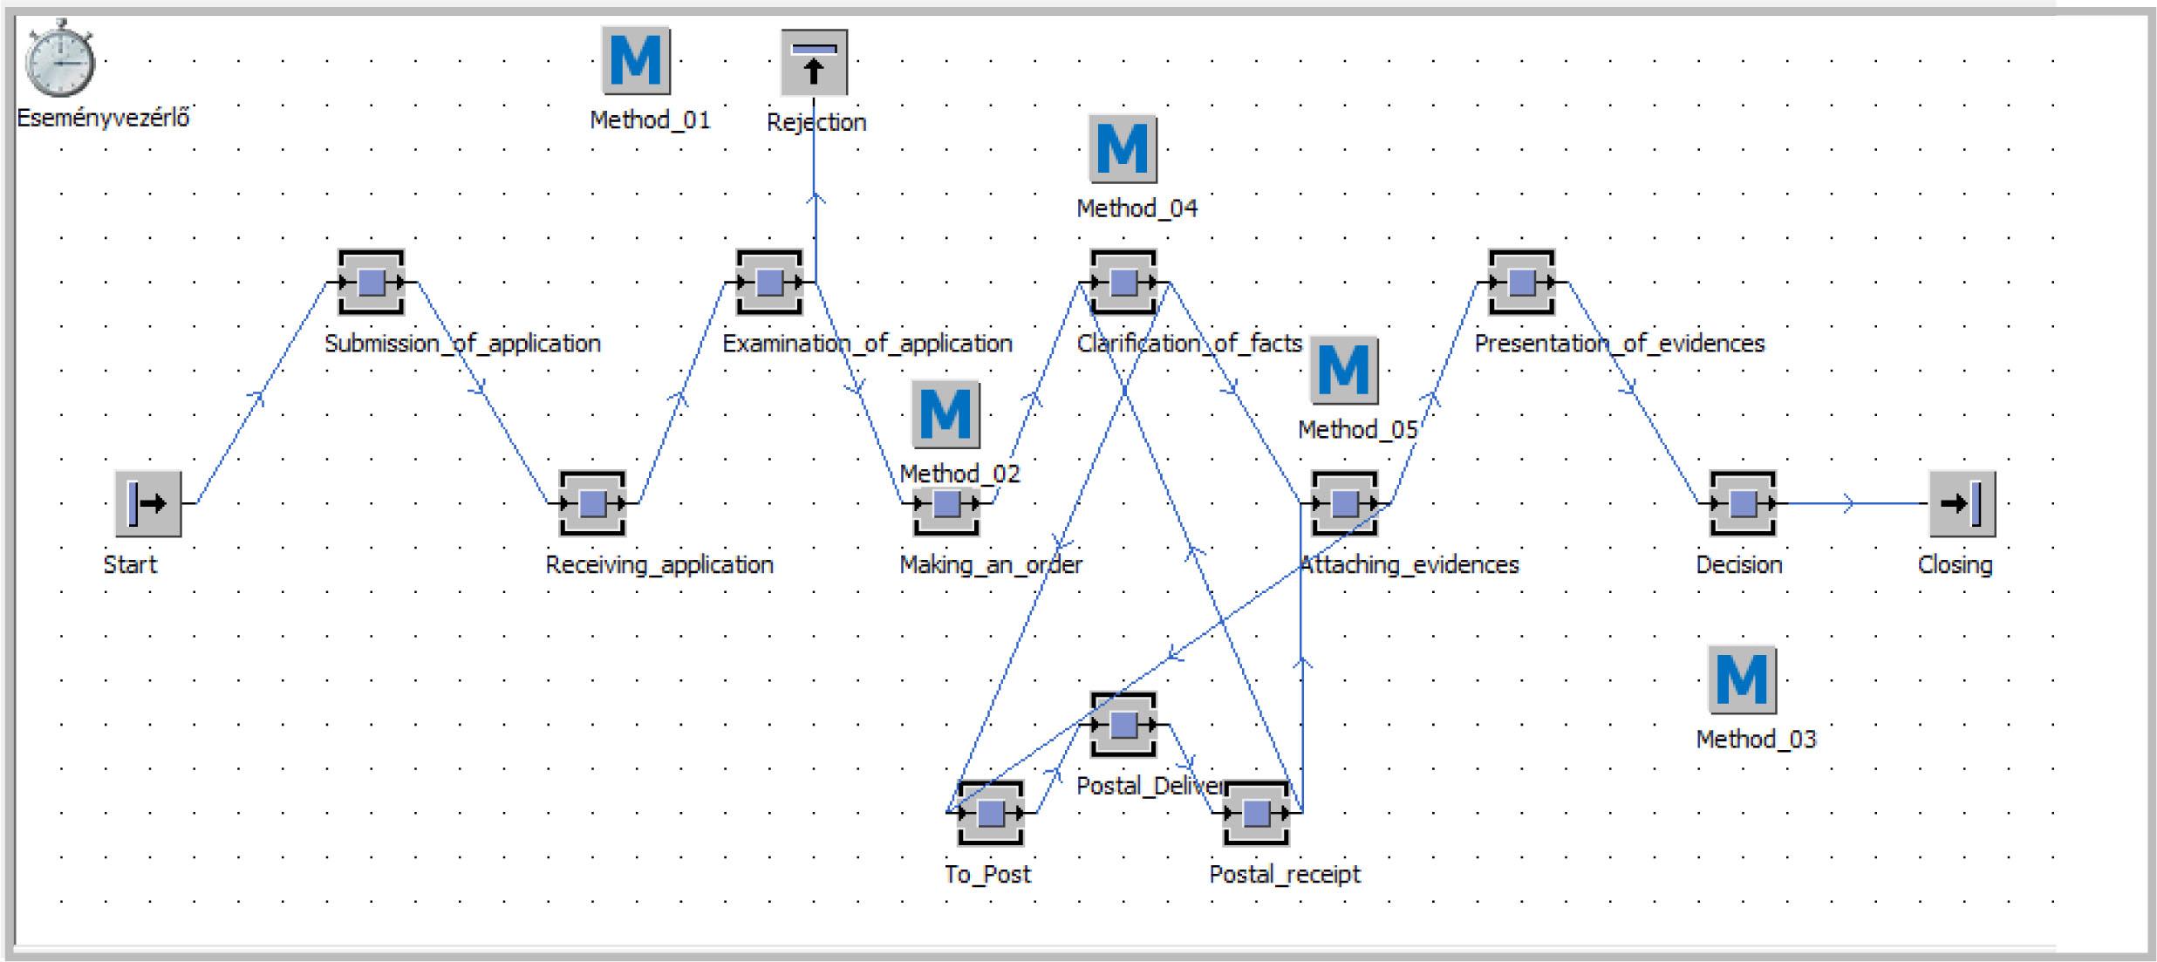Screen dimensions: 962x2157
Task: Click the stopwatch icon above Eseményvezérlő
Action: (59, 59)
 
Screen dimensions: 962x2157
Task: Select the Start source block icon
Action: (148, 503)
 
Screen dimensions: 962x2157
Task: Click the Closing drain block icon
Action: (1962, 503)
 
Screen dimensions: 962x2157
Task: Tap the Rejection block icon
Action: (814, 63)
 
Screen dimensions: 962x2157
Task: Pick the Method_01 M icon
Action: (636, 60)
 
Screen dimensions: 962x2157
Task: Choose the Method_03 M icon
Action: (1742, 679)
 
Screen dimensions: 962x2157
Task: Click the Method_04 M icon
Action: (1123, 149)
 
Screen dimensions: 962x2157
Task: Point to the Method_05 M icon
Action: (1344, 371)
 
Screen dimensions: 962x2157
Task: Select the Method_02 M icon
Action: (945, 414)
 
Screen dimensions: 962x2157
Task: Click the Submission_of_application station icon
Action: (372, 283)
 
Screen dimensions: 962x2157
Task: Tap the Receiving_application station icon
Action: (593, 503)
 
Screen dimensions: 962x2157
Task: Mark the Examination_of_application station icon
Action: (769, 283)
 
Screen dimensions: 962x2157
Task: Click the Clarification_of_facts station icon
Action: (1123, 283)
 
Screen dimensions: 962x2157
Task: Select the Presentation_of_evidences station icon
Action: (1522, 283)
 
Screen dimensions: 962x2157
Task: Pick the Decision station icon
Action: (1743, 503)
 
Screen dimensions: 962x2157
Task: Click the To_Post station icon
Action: (990, 813)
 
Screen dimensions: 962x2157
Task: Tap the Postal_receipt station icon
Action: (1256, 813)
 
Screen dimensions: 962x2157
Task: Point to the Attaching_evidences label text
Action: (1410, 565)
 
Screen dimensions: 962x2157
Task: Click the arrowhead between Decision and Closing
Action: (1847, 503)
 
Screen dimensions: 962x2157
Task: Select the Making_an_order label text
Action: (991, 565)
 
